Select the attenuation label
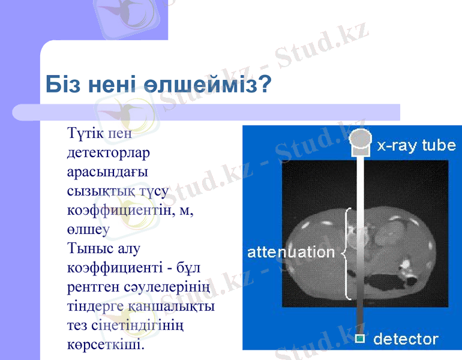coord(291,252)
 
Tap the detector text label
coord(406,339)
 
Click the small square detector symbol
coord(359,339)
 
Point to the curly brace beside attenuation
coord(345,253)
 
